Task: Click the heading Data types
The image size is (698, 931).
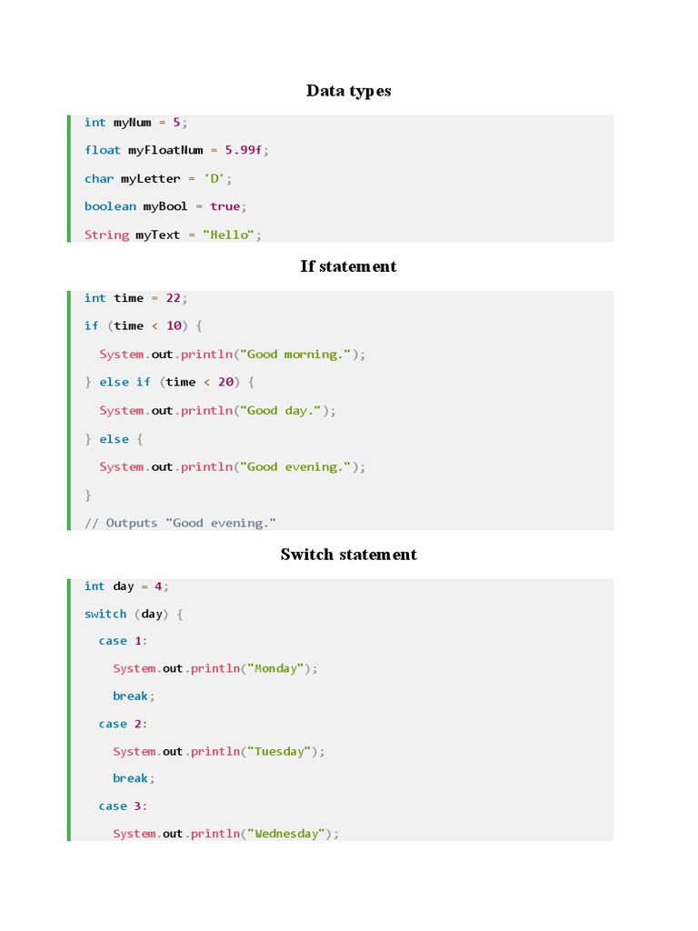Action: (349, 90)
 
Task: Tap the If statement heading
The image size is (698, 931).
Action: (349, 266)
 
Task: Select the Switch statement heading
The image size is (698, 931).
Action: (349, 555)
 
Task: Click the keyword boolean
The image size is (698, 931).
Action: (110, 206)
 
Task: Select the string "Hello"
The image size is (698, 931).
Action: (229, 235)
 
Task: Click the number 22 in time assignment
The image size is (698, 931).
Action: (174, 298)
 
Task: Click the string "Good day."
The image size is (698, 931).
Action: (284, 411)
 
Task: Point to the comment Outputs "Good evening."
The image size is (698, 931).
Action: (180, 523)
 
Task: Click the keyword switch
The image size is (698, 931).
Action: (105, 614)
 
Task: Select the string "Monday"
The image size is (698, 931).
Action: (277, 668)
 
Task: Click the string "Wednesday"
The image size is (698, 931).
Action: (288, 834)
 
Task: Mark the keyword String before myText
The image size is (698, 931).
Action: (106, 235)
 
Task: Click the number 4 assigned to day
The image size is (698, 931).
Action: (158, 586)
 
